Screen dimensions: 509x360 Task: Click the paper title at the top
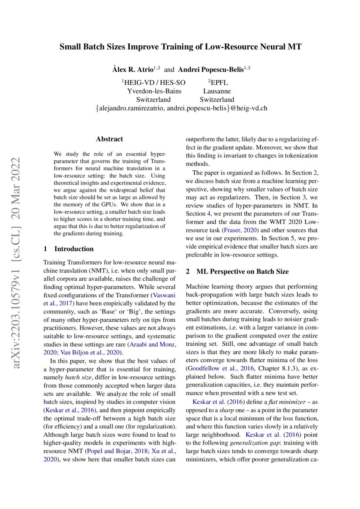(x=180, y=47)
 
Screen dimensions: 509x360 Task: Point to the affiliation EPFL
(x=218, y=82)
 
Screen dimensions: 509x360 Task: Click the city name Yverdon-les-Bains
(x=154, y=91)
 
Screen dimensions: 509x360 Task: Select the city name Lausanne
(x=217, y=91)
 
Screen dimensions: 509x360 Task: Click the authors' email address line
(x=180, y=108)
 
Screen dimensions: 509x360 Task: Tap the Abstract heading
(x=109, y=139)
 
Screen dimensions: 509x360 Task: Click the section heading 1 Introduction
(x=69, y=249)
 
